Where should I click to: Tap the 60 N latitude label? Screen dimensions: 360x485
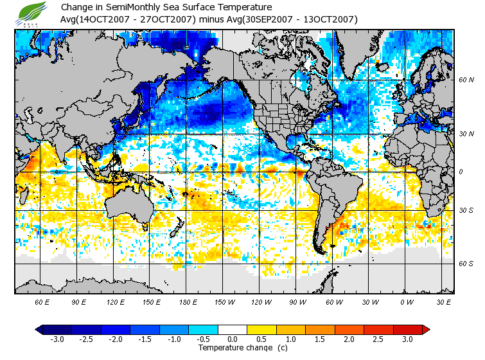466,80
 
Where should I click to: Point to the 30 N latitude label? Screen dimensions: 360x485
466,134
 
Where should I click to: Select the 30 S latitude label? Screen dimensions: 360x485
466,210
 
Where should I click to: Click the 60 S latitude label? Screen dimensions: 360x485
466,264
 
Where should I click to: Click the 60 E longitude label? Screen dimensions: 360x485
42,301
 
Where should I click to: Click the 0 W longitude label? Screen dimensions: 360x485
407,301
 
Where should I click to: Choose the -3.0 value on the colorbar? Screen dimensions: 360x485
57,339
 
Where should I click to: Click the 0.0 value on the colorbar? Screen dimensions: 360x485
233,339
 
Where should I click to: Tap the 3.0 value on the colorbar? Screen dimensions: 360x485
407,339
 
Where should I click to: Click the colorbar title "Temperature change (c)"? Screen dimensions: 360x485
233,348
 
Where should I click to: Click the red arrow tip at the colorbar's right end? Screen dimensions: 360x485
426,329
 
